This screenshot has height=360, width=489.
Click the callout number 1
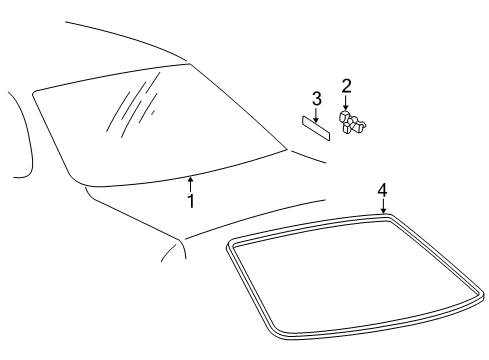pyautogui.click(x=191, y=201)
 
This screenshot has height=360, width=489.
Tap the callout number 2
pyautogui.click(x=347, y=86)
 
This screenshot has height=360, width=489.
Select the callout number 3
pyautogui.click(x=317, y=99)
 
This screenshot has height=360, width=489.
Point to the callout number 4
pyautogui.click(x=383, y=191)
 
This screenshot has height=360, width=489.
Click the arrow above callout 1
pyautogui.click(x=190, y=184)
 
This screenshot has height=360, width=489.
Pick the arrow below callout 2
pyautogui.click(x=346, y=103)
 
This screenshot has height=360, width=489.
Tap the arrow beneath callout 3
pyautogui.click(x=315, y=115)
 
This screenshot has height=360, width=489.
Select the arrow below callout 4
pyautogui.click(x=383, y=206)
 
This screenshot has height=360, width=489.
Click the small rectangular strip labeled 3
pyautogui.click(x=316, y=128)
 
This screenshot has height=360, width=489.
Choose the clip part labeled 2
pyautogui.click(x=351, y=122)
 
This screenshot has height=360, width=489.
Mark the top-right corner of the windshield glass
pyautogui.click(x=189, y=63)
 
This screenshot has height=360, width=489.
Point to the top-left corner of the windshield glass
pyautogui.click(x=33, y=92)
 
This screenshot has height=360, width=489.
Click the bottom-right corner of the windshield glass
pyautogui.click(x=286, y=149)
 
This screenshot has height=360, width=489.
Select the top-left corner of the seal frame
pyautogui.click(x=229, y=244)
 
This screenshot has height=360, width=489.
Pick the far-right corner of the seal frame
pyautogui.click(x=482, y=295)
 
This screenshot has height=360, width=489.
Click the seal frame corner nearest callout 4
pyautogui.click(x=390, y=216)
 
